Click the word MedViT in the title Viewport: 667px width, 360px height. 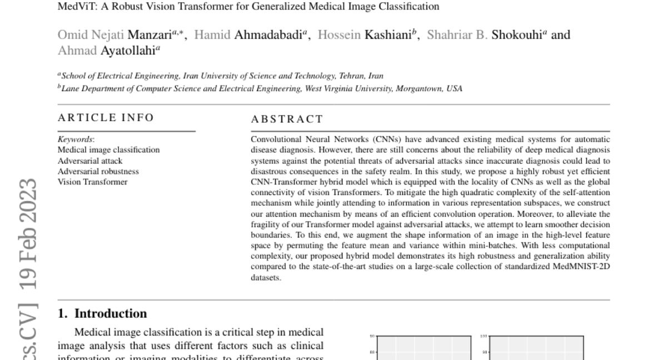pyautogui.click(x=74, y=7)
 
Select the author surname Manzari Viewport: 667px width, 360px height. pyautogui.click(x=148, y=35)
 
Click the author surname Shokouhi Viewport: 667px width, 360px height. pyautogui.click(x=517, y=35)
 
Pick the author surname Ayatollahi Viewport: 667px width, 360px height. pyautogui.click(x=128, y=50)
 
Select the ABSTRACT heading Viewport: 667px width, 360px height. pyautogui.click(x=287, y=119)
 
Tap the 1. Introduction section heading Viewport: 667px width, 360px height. pyautogui.click(x=103, y=313)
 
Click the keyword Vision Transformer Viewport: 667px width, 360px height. pyautogui.click(x=92, y=182)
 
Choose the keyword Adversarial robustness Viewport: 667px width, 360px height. pyautogui.click(x=98, y=171)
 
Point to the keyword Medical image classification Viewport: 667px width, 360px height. pyautogui.click(x=108, y=149)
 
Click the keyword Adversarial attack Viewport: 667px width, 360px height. pyautogui.click(x=89, y=161)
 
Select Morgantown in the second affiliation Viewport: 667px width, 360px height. pyautogui.click(x=412, y=88)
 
